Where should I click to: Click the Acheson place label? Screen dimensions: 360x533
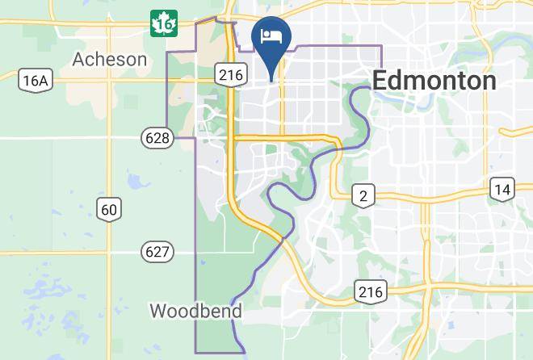coord(110,59)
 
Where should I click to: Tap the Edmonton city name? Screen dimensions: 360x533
coord(434,81)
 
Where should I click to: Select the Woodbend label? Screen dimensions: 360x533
coord(196,311)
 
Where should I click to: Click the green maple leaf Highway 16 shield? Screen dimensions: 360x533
coord(163,24)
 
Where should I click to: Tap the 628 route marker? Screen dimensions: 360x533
coord(157,138)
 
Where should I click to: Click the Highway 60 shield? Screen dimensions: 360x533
coord(110,210)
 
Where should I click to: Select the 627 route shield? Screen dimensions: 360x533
coord(157,252)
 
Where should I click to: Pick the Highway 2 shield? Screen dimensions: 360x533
coord(363,195)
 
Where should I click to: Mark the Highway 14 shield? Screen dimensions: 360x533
coord(502,189)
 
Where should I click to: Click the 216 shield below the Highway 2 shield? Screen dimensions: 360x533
coord(371,291)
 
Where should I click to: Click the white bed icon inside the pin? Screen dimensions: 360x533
coord(271,36)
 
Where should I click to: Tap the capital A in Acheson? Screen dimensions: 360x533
coord(79,59)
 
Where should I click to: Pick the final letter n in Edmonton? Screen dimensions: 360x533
coord(489,82)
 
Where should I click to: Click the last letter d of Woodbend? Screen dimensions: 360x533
coord(237,311)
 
